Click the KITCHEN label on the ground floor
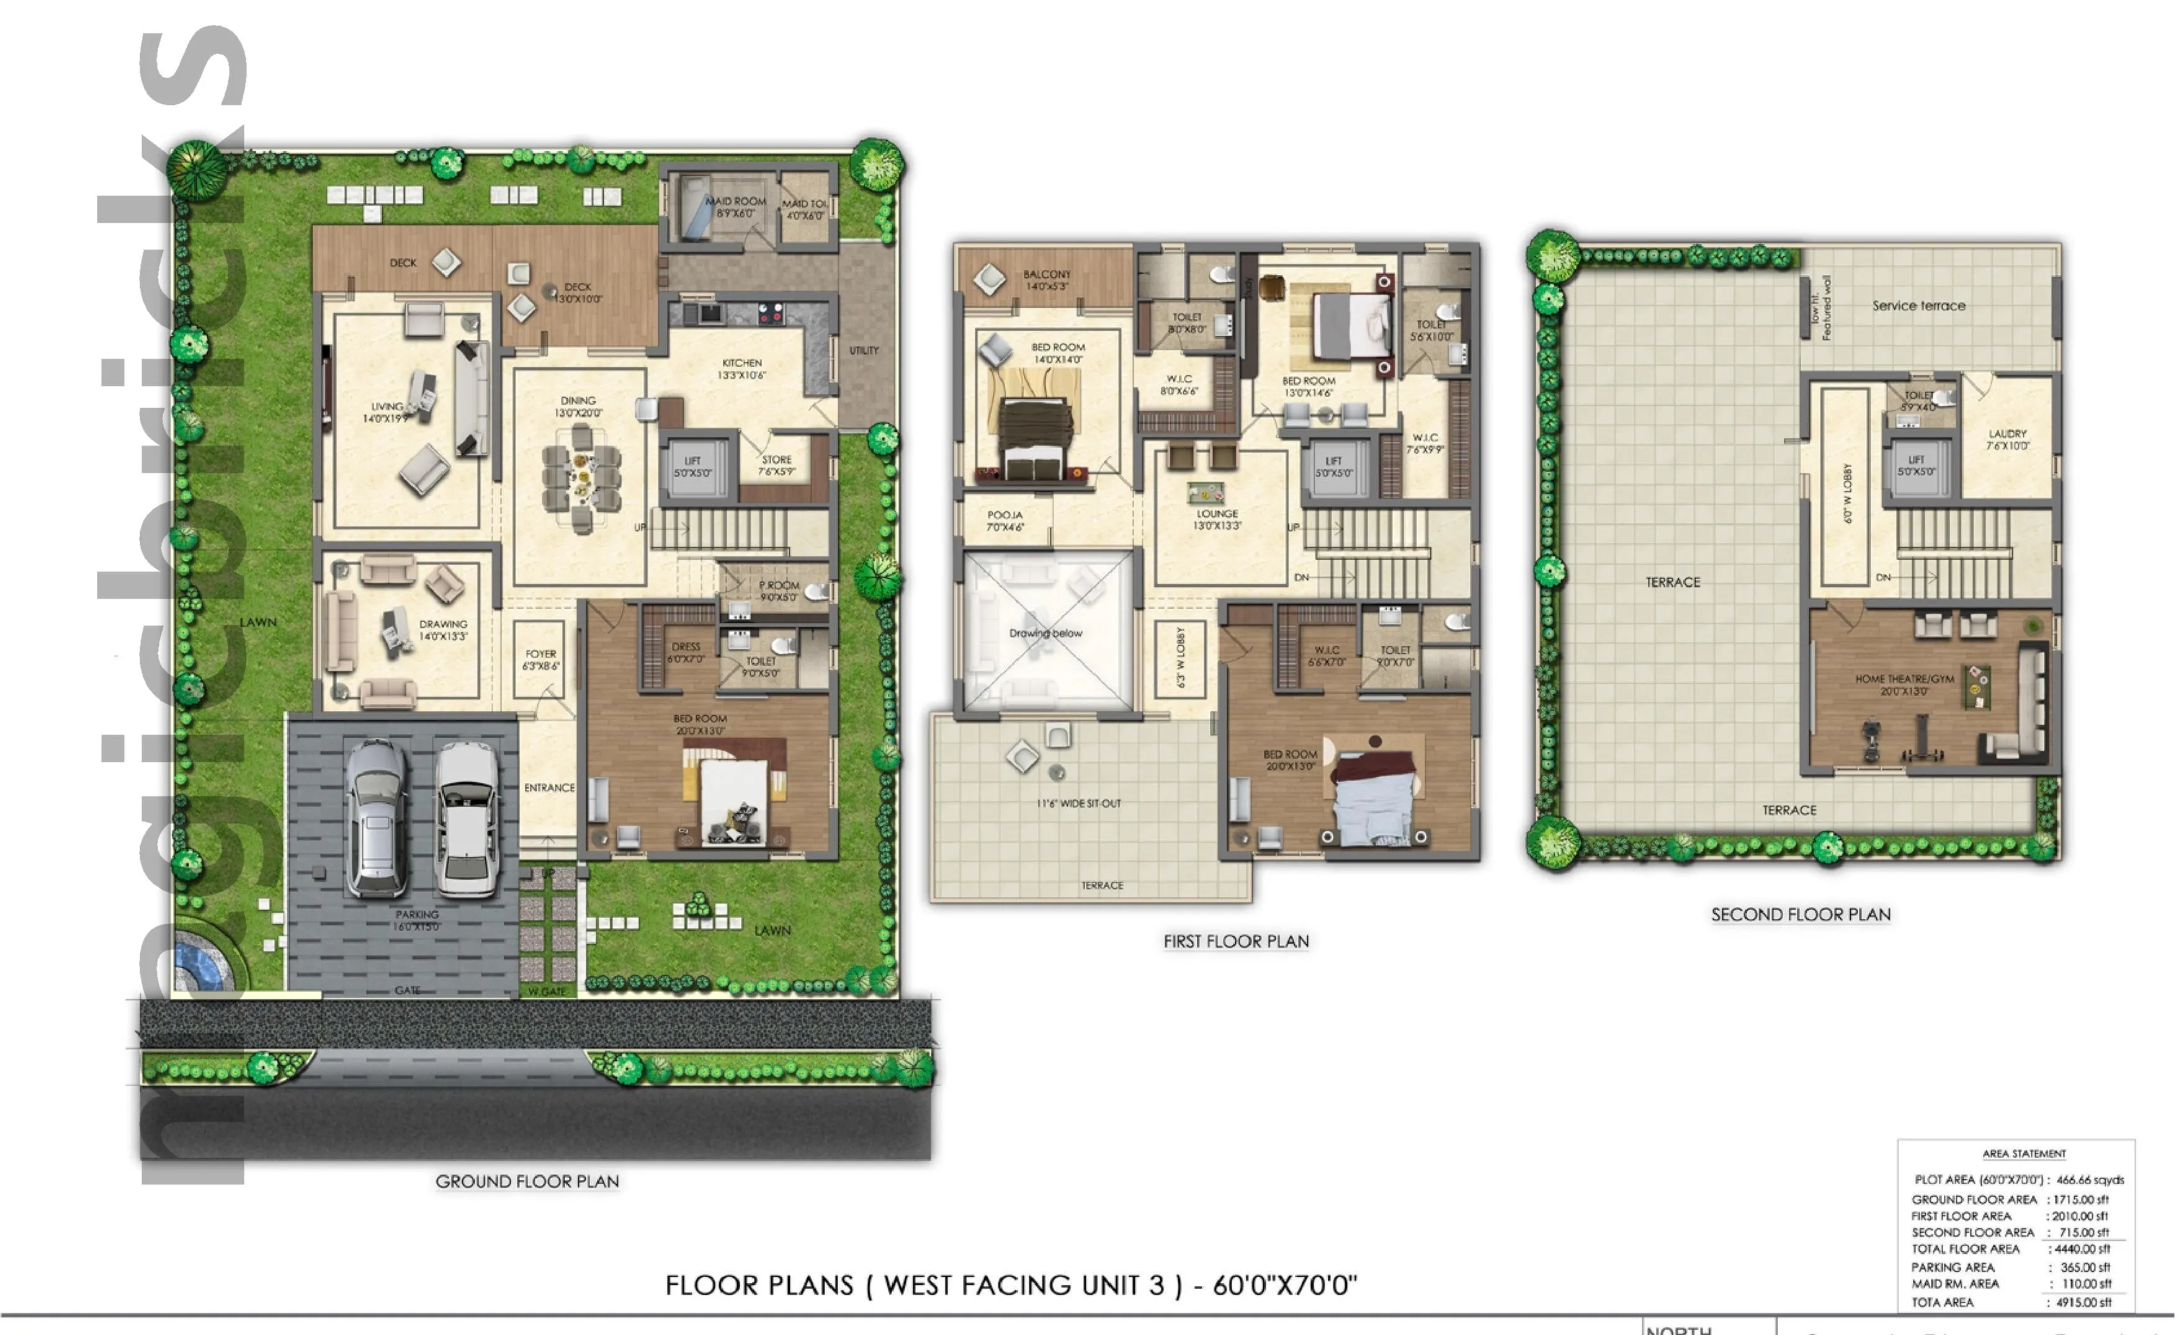(x=742, y=364)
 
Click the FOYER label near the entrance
(x=540, y=655)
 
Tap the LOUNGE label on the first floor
(x=1217, y=514)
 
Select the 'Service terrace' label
(x=1918, y=306)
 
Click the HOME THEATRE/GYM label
(x=1904, y=679)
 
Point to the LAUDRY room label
(x=2007, y=434)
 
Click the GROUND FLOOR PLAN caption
(x=527, y=1182)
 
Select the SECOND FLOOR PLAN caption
(x=1801, y=915)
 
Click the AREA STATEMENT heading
(x=2023, y=1154)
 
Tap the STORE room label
(x=776, y=460)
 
